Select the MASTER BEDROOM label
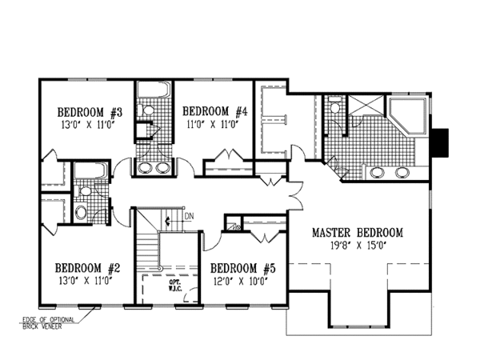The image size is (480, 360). click(x=357, y=233)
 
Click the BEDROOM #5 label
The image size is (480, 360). click(x=237, y=269)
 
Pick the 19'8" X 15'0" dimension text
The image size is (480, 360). click(x=358, y=246)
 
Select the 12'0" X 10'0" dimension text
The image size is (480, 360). click(x=237, y=281)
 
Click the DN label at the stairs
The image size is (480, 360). click(x=188, y=216)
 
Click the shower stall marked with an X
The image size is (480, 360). click(x=366, y=106)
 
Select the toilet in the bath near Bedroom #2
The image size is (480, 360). click(x=81, y=212)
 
